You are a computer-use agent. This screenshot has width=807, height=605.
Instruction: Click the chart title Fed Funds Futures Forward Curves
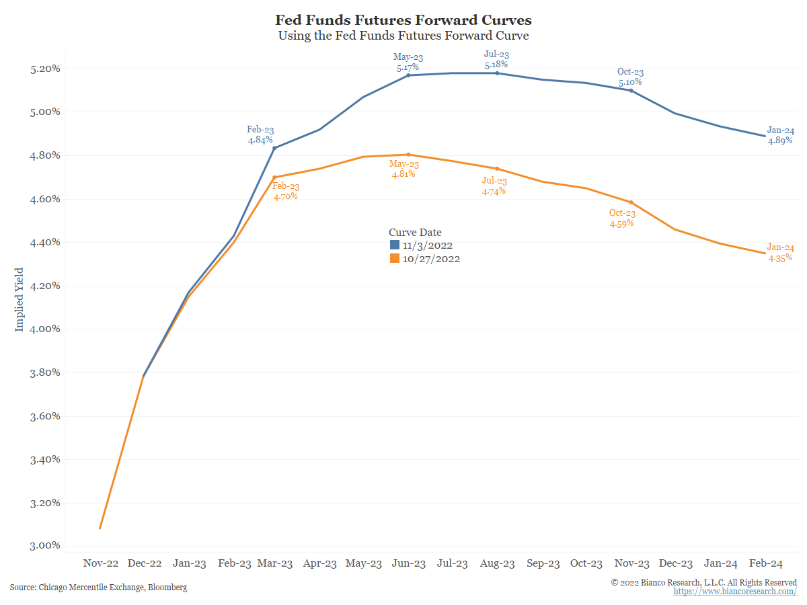tap(403, 19)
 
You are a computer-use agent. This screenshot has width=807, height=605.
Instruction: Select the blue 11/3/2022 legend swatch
tap(395, 245)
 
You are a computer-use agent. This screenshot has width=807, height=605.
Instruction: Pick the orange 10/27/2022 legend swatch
tap(395, 258)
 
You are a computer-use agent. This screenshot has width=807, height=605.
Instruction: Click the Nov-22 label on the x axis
tap(100, 564)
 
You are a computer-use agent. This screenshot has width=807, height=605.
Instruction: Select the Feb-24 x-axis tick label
tap(765, 564)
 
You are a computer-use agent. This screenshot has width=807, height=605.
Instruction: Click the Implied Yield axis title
tap(20, 299)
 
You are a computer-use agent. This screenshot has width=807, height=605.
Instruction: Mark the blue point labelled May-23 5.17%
tap(408, 75)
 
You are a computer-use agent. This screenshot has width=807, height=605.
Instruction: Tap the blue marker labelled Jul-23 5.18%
tap(497, 73)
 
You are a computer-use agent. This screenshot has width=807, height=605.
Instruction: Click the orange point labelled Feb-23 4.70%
tap(275, 177)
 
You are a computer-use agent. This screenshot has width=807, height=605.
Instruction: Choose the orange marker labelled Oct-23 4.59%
tap(631, 202)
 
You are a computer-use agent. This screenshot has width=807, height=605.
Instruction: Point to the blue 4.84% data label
tap(260, 140)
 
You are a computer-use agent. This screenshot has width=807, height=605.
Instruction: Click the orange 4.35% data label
tap(780, 257)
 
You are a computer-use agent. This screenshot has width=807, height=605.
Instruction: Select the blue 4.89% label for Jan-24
tap(780, 141)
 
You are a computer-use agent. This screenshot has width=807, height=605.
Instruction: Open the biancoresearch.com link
tap(735, 592)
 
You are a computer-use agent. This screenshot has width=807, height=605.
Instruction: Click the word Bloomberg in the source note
tap(167, 588)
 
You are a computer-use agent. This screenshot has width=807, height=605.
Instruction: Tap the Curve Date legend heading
tap(415, 233)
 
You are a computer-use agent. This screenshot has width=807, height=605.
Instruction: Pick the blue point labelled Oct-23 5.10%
tap(631, 90)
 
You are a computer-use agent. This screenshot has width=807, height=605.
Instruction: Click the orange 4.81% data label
tap(403, 174)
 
